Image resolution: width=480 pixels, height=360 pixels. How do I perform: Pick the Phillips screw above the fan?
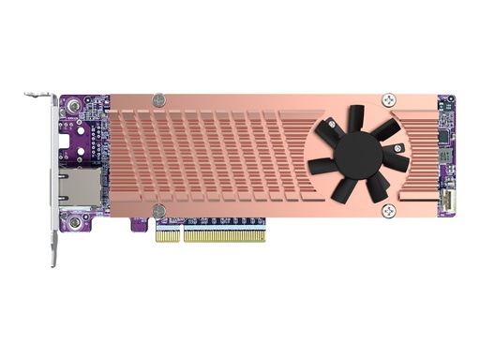click(x=388, y=97)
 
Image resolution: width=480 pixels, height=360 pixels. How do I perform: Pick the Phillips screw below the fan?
click(x=388, y=210)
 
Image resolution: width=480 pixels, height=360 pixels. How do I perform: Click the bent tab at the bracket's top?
click(x=38, y=95)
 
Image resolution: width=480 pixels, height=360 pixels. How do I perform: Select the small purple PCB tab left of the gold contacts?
click(x=140, y=226)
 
